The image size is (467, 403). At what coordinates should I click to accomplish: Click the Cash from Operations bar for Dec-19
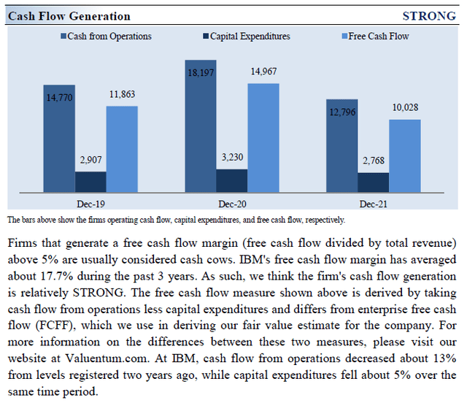coord(58,139)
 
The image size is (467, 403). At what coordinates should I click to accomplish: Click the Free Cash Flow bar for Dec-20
coord(263,138)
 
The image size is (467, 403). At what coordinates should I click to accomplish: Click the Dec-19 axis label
coord(90,205)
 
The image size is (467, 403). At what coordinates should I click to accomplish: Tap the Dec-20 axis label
coord(231,205)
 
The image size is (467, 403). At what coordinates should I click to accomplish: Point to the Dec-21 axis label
coord(373,205)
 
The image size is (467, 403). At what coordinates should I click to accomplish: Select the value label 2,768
coord(373,161)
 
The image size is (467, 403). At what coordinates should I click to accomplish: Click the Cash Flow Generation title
coord(69,16)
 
